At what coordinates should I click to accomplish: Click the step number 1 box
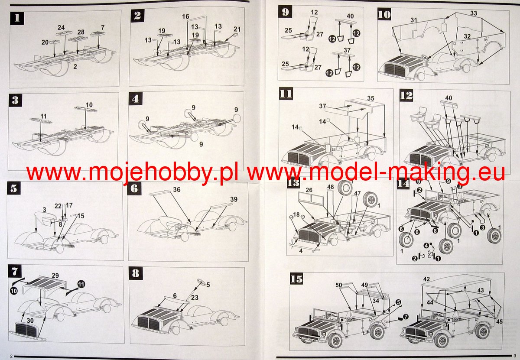click(x=17, y=18)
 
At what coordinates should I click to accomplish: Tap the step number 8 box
click(x=136, y=274)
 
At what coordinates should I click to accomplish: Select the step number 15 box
click(x=296, y=279)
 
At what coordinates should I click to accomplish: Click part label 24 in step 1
click(x=61, y=28)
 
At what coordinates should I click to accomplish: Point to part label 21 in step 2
click(x=237, y=29)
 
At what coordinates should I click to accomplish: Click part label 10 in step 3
click(x=89, y=105)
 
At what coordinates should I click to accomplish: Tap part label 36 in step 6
click(x=177, y=190)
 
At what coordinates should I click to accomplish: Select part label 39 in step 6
click(x=234, y=199)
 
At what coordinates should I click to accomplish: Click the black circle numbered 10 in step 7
click(x=14, y=291)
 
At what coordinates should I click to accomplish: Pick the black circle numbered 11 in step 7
click(x=81, y=284)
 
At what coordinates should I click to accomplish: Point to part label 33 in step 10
click(x=474, y=13)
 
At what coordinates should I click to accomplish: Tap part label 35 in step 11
click(x=371, y=98)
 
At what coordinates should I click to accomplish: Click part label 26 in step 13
click(x=309, y=190)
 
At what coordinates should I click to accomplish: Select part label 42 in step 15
click(x=426, y=279)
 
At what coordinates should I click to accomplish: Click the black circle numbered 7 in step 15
click(x=405, y=317)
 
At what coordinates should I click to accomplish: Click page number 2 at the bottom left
click(x=11, y=356)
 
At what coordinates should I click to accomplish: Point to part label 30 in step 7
click(x=30, y=321)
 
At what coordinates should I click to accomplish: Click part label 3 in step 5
click(x=44, y=210)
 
